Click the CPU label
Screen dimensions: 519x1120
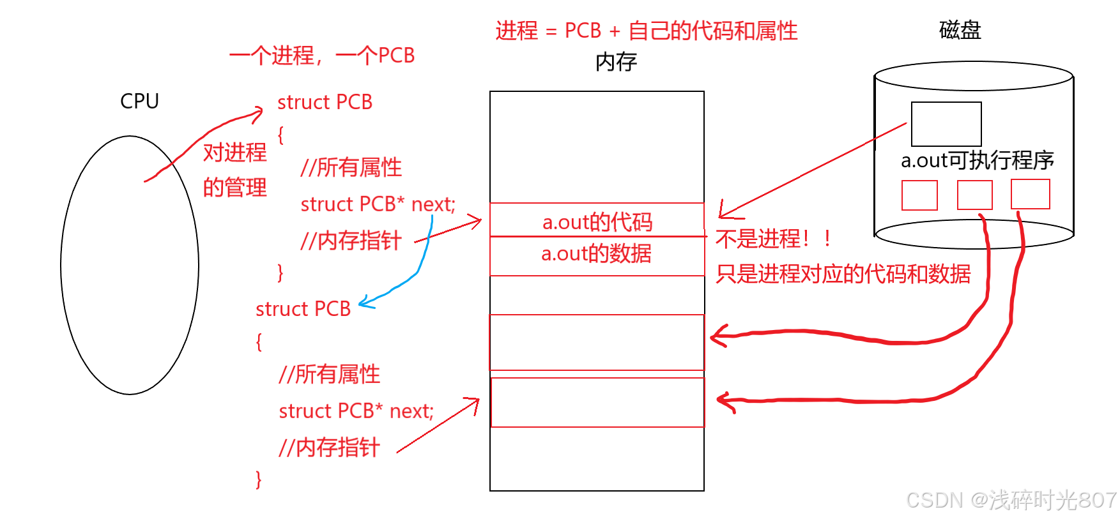tap(139, 101)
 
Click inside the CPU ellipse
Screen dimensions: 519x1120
tap(130, 265)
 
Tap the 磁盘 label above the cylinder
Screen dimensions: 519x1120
tap(960, 30)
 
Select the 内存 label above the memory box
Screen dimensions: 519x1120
tap(616, 62)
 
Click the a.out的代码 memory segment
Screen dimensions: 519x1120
tap(597, 221)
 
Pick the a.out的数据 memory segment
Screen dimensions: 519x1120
tap(597, 255)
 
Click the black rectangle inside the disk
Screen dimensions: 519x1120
tap(946, 124)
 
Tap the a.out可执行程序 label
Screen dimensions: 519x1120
tap(977, 160)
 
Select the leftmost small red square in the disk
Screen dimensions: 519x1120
tap(919, 195)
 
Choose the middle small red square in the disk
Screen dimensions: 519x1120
tap(974, 195)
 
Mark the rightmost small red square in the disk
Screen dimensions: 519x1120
tap(1030, 194)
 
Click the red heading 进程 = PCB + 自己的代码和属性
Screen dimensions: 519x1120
tap(646, 31)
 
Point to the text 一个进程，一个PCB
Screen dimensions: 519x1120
tap(322, 56)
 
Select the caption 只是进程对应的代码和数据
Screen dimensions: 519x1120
tap(843, 274)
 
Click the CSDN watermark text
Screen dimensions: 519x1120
tap(1011, 500)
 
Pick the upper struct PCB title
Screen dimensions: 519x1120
tap(325, 102)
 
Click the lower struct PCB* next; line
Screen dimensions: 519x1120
tap(356, 411)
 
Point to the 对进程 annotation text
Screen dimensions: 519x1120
tap(234, 153)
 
